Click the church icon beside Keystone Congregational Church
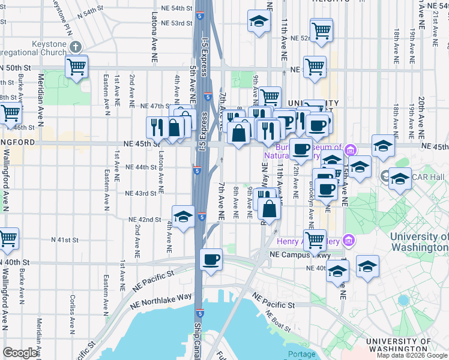[75, 47]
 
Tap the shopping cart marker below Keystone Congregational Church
[77, 67]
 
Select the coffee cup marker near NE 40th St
[211, 260]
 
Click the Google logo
[20, 353]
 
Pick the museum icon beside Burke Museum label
[350, 148]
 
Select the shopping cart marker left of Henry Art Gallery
[315, 241]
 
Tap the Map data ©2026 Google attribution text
[412, 355]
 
